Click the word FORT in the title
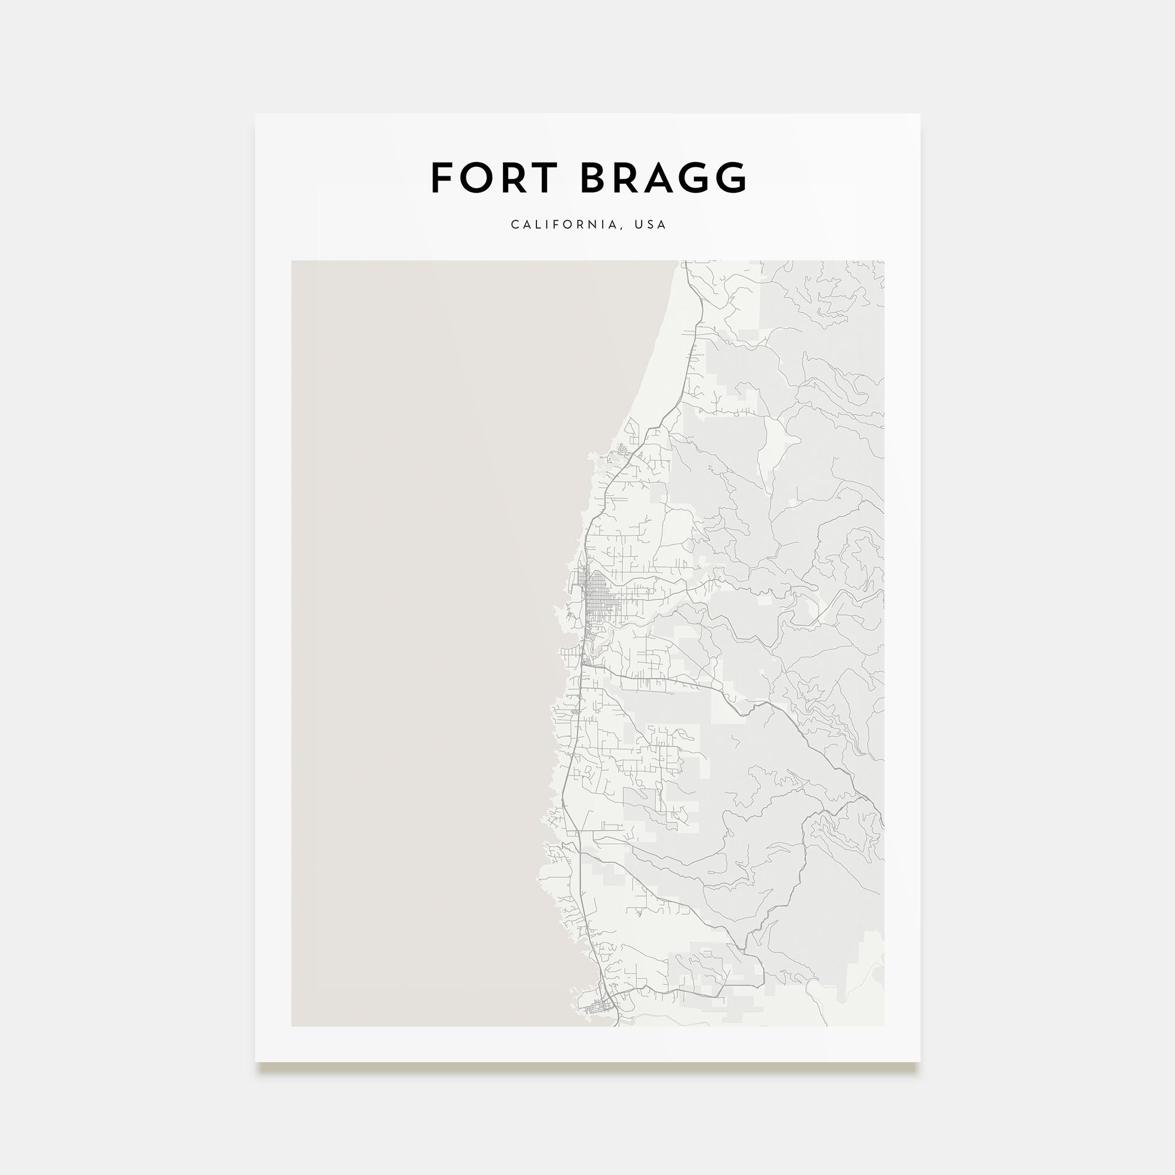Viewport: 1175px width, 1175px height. [x=494, y=178]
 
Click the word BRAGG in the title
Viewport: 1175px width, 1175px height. [x=663, y=178]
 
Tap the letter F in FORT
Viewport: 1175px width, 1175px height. [x=443, y=178]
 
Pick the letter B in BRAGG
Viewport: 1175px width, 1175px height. [x=594, y=178]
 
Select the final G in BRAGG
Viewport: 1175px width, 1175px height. [x=731, y=178]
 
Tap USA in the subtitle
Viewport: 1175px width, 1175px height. [x=650, y=224]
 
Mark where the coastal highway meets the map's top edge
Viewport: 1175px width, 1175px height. [x=686, y=262]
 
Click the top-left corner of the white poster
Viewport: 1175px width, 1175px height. [x=256, y=115]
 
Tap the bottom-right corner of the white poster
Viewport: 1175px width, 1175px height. [x=919, y=1062]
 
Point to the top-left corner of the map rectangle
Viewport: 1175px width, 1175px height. [x=292, y=261]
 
